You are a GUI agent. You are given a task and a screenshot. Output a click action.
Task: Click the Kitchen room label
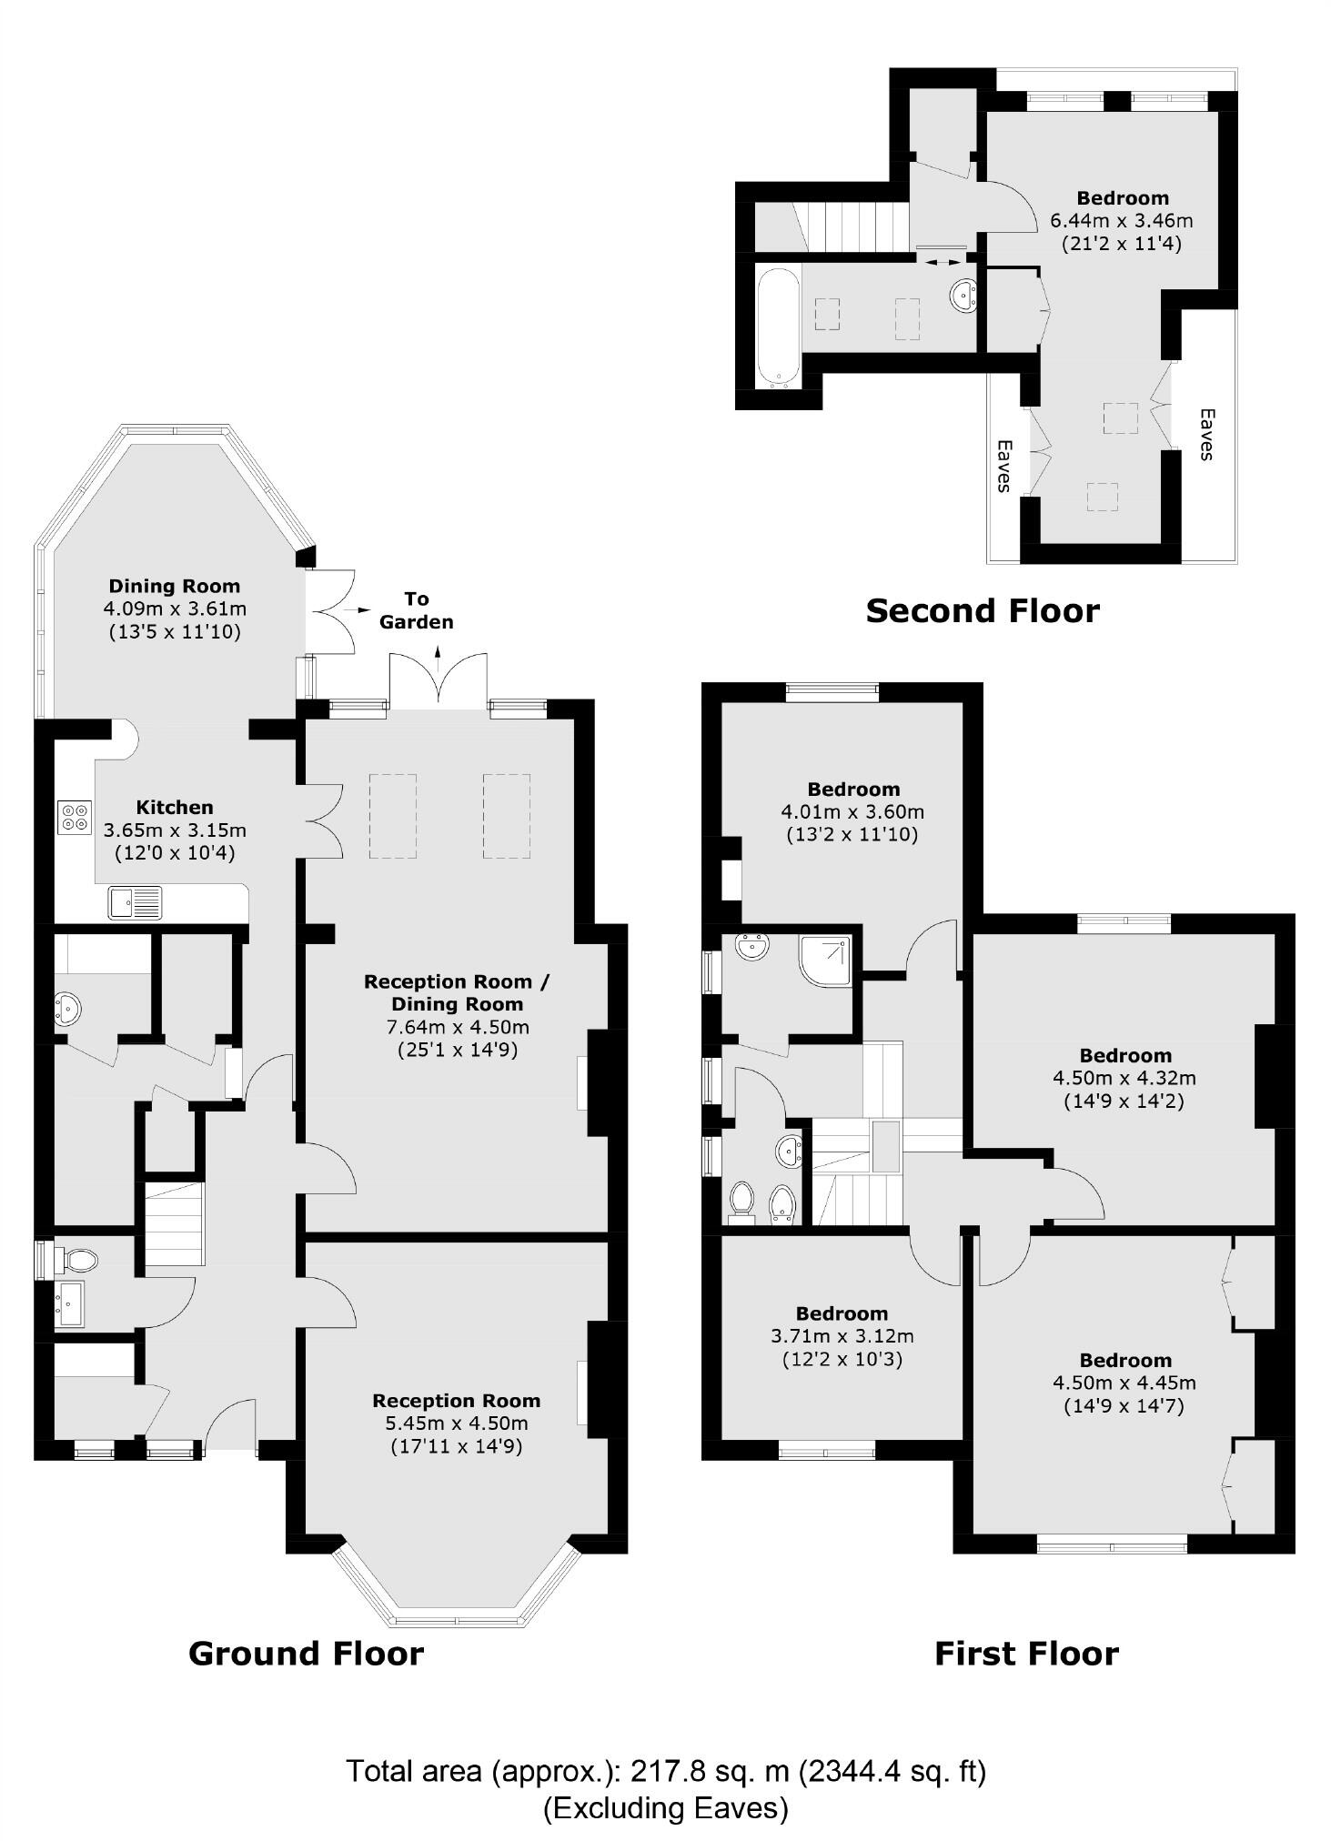tap(175, 807)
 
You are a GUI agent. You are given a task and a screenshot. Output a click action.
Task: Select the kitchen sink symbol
tap(136, 902)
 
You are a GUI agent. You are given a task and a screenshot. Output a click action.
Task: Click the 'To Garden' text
tap(416, 610)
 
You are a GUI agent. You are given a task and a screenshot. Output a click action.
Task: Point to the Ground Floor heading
tap(306, 1653)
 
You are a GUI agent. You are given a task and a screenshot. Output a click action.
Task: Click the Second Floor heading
tap(983, 610)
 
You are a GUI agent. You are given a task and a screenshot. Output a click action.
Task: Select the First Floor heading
tap(1026, 1653)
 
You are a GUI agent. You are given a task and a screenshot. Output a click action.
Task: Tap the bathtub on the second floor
tap(778, 325)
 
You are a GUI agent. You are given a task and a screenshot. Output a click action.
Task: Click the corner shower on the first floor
tap(827, 960)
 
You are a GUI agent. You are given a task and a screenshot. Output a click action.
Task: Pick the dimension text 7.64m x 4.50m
tap(456, 1027)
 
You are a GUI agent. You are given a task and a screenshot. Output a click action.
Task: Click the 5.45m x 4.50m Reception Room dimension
tap(456, 1424)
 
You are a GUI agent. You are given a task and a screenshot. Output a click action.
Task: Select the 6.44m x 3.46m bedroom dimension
tap(1122, 220)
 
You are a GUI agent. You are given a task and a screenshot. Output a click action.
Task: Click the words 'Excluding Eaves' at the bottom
tap(666, 1807)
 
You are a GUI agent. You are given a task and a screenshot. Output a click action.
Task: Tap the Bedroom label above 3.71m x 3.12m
tap(842, 1313)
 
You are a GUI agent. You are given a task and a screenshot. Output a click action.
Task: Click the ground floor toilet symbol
tap(78, 1260)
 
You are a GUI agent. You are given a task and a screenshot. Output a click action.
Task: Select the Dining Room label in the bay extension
tap(175, 586)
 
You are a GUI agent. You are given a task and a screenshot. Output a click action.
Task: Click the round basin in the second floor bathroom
tap(963, 295)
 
